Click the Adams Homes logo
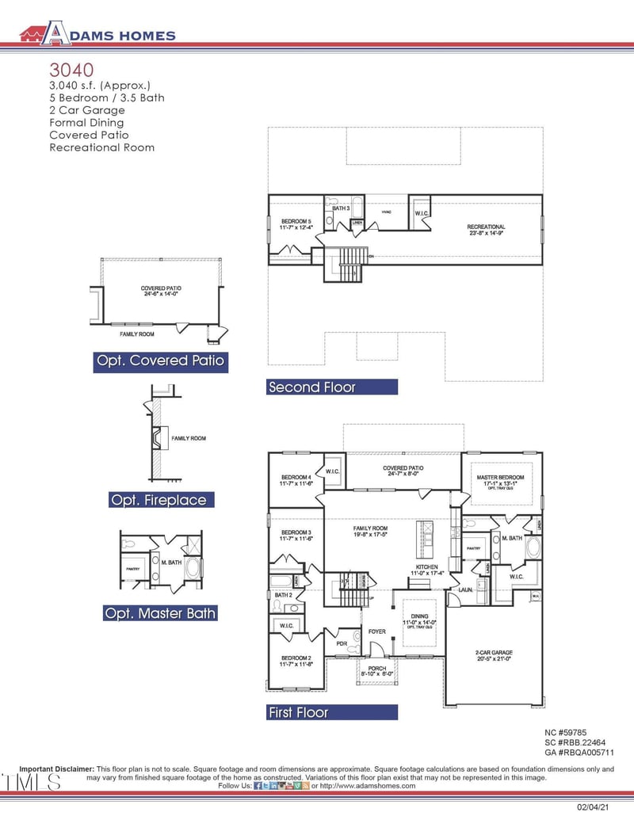tap(97, 33)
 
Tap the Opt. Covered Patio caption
tap(161, 361)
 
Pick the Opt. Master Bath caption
tap(160, 613)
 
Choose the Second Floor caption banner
tap(332, 387)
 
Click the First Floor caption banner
tap(332, 713)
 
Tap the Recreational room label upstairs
tap(486, 227)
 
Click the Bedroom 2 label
tap(296, 659)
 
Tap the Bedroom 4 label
tap(296, 477)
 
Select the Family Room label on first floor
tap(369, 528)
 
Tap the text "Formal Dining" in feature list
tap(86, 123)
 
